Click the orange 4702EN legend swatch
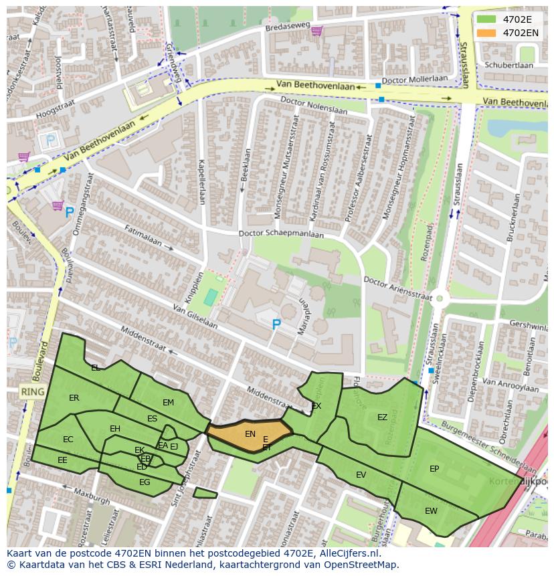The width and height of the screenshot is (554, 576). [x=486, y=32]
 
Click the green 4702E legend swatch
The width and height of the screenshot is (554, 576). [x=486, y=19]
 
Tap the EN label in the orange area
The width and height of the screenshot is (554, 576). [x=250, y=434]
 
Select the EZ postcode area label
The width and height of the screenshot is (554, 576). [x=382, y=417]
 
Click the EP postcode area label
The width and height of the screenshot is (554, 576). [x=434, y=469]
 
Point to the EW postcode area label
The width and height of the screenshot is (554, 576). [x=431, y=510]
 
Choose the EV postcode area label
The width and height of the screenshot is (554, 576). [x=361, y=475]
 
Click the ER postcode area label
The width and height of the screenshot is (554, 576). [x=74, y=398]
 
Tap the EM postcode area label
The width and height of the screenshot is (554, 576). [x=168, y=402]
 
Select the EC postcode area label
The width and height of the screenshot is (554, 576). [x=68, y=440]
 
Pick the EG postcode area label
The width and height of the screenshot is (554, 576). [x=144, y=482]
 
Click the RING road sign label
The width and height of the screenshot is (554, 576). [x=31, y=391]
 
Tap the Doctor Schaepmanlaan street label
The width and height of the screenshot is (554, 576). [x=281, y=234]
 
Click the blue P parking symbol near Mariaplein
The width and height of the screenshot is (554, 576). [x=276, y=324]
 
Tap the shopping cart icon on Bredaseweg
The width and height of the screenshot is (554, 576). [x=316, y=30]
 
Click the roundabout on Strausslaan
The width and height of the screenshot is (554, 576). [x=439, y=299]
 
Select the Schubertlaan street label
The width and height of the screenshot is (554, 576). [x=509, y=66]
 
